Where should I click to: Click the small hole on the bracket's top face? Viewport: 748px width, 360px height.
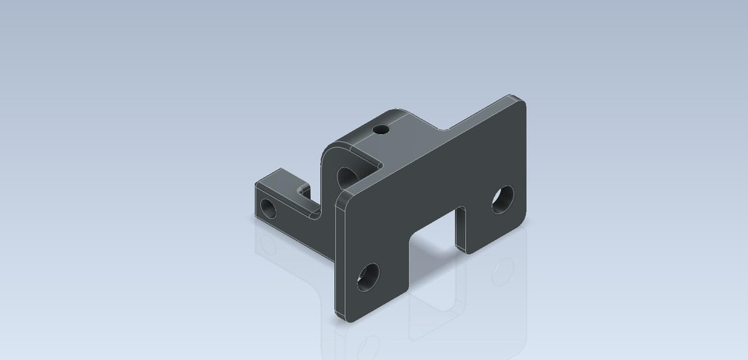(381, 129)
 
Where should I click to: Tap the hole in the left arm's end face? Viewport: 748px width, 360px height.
(268, 208)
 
